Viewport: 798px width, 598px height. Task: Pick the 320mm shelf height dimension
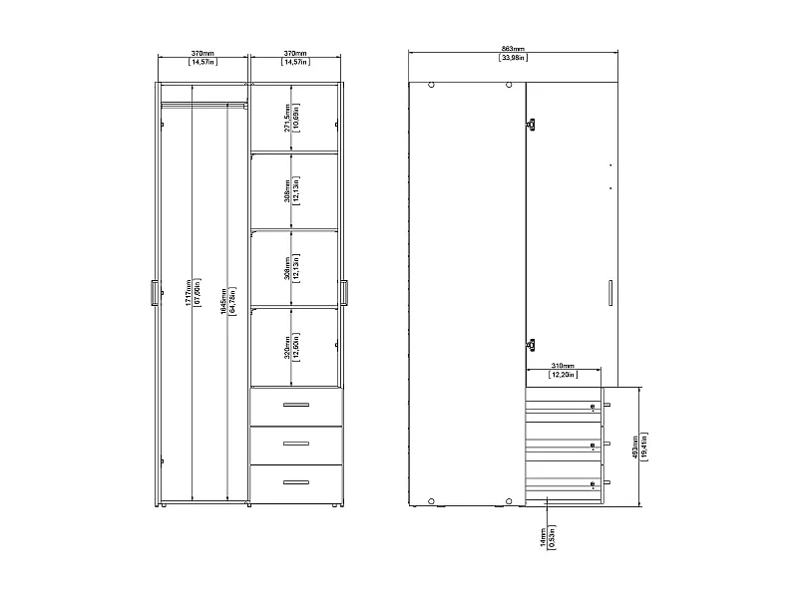287,345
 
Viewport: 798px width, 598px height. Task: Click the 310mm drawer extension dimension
563,366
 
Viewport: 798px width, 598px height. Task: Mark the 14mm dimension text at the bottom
542,537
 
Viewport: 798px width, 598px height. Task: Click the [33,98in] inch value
512,59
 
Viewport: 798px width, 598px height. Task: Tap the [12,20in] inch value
563,376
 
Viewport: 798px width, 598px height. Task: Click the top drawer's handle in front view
296,405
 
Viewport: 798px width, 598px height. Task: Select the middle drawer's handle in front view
296,444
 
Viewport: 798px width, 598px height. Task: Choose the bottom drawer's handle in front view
296,482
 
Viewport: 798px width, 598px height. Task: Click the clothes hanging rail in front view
203,101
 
